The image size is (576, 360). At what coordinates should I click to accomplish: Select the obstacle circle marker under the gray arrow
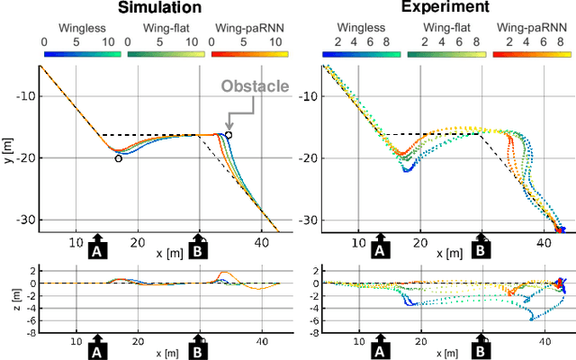[229, 135]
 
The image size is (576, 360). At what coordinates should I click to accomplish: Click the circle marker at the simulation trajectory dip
[119, 158]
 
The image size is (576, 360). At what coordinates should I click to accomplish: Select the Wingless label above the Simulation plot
[76, 29]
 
